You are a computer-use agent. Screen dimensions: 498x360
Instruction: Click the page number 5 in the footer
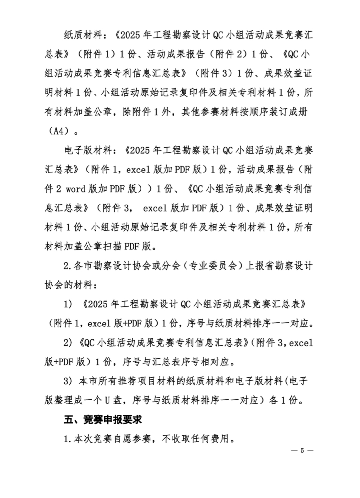coord(302,451)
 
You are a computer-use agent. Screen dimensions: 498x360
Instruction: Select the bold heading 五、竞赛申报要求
coord(103,420)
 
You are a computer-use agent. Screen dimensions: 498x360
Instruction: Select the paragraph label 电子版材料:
coord(92,150)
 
